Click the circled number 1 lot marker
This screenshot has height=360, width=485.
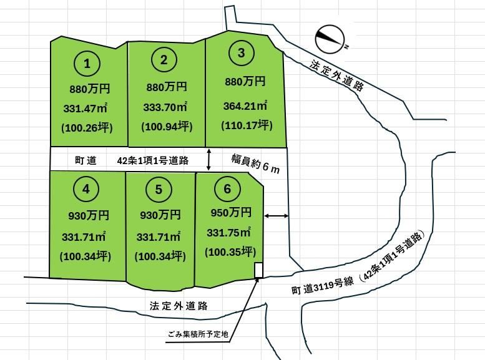[x=87, y=64]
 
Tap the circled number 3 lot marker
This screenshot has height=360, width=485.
[x=242, y=53]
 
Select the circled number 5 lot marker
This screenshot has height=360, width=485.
[x=159, y=189]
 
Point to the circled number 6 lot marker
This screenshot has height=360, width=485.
[x=227, y=188]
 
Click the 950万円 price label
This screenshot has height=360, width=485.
[x=231, y=213]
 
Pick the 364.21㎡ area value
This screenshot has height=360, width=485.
[x=245, y=105]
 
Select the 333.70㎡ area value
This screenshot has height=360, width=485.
[x=165, y=107]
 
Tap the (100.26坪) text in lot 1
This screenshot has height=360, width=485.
[x=87, y=127]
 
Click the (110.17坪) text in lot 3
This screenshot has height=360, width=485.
[x=247, y=125]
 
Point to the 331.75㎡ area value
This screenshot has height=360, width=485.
[x=229, y=232]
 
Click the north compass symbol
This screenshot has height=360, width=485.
[x=330, y=39]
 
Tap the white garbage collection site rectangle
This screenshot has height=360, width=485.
[x=258, y=270]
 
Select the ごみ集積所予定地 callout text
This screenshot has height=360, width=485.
[x=198, y=334]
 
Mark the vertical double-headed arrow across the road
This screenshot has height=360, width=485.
[x=208, y=160]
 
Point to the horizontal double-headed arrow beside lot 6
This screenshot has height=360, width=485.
[x=277, y=216]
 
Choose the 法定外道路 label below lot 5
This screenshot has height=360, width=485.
[x=179, y=306]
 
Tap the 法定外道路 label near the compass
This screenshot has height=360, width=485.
[x=337, y=75]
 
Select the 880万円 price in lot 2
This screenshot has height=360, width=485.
[x=167, y=87]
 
